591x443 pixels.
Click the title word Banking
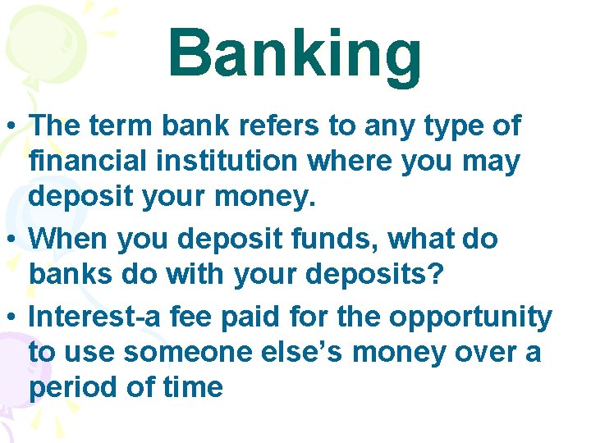[x=295, y=54]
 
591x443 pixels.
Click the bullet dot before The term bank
[x=13, y=128]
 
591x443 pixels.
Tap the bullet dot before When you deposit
[x=13, y=240]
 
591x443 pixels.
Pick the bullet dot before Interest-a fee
[x=13, y=317]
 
